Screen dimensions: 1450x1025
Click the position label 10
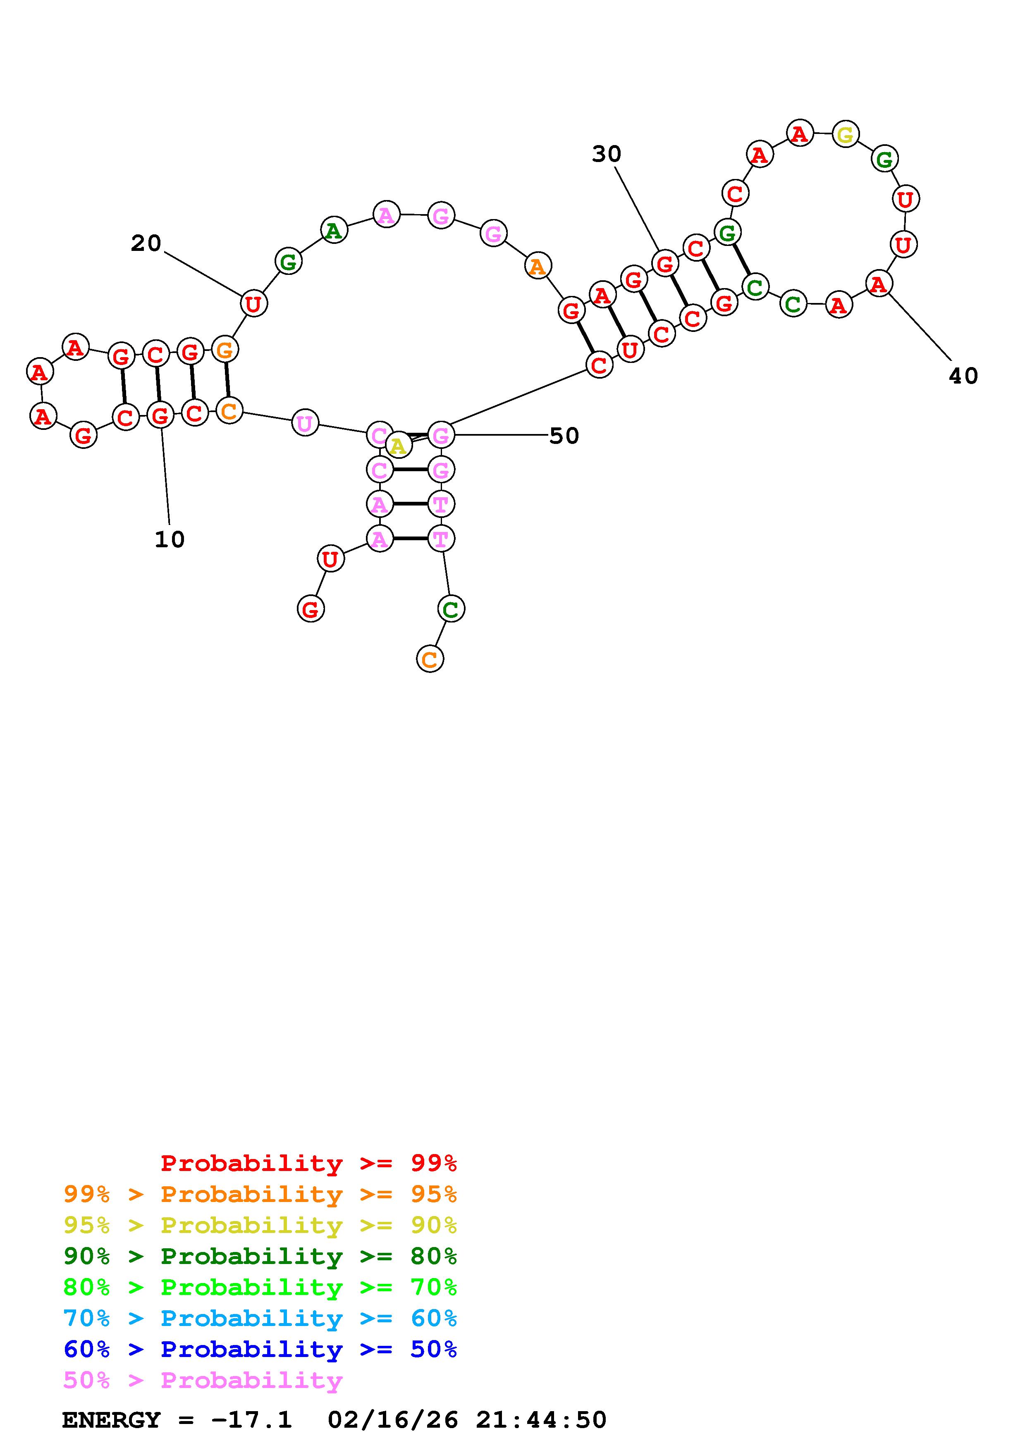click(x=169, y=539)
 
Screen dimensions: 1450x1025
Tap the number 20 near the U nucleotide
click(x=146, y=243)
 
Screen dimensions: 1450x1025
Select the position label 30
click(x=606, y=153)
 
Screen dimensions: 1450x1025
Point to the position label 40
click(x=963, y=376)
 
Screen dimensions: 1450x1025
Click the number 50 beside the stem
click(x=564, y=436)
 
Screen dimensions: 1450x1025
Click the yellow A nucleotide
click(x=398, y=446)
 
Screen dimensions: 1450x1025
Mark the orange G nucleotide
click(x=225, y=348)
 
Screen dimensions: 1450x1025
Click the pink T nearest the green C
click(x=440, y=539)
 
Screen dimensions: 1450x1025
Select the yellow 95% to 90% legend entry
click(x=260, y=1225)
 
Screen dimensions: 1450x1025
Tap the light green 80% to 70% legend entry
click(x=260, y=1287)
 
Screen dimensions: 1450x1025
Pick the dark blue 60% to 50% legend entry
click(x=260, y=1349)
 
